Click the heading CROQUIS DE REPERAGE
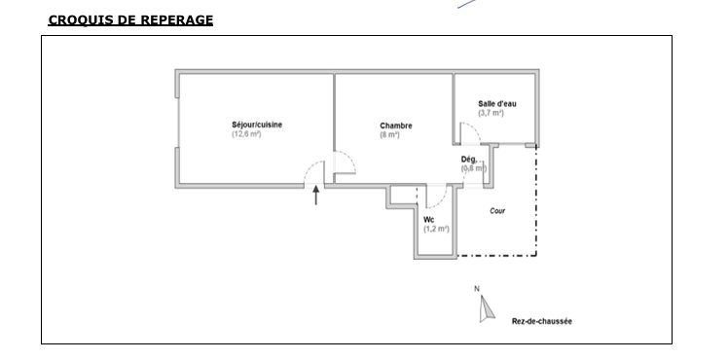(130, 20)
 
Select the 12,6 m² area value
(246, 134)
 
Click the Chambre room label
(395, 126)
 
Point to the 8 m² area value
(389, 135)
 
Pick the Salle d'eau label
(496, 104)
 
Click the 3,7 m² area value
(491, 113)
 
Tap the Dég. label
(469, 160)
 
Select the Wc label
(428, 220)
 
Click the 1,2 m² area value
(436, 230)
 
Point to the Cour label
(497, 211)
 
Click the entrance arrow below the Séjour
(315, 195)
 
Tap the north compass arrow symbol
(486, 309)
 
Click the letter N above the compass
(476, 289)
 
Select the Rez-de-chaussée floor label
(542, 321)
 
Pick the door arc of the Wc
(442, 200)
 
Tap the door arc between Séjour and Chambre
(350, 158)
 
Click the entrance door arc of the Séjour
(309, 167)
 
